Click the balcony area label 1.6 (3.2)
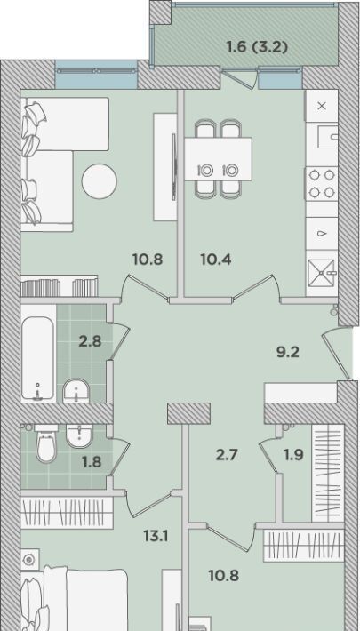click(257, 47)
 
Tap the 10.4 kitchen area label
click(215, 260)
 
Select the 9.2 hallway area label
click(287, 353)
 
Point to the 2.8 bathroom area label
click(90, 342)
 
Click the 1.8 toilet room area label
click(91, 462)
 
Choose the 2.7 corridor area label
click(227, 455)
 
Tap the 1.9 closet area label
click(293, 455)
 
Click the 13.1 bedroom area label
click(155, 536)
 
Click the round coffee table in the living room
click(99, 181)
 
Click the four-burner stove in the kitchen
click(322, 183)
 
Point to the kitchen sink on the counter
click(327, 137)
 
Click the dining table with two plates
click(219, 159)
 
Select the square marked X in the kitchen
click(322, 106)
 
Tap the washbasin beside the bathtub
click(76, 390)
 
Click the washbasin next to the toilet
click(80, 435)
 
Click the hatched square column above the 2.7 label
click(188, 413)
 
